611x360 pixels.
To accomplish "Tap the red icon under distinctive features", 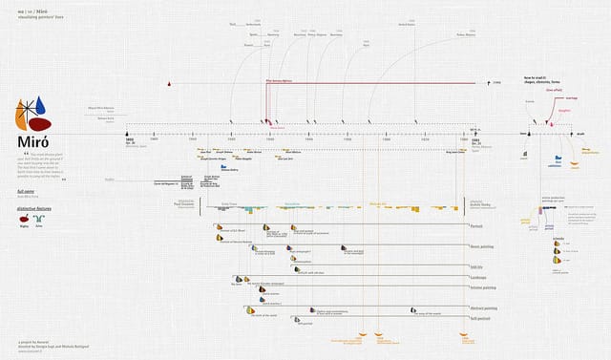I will click(x=24, y=221).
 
